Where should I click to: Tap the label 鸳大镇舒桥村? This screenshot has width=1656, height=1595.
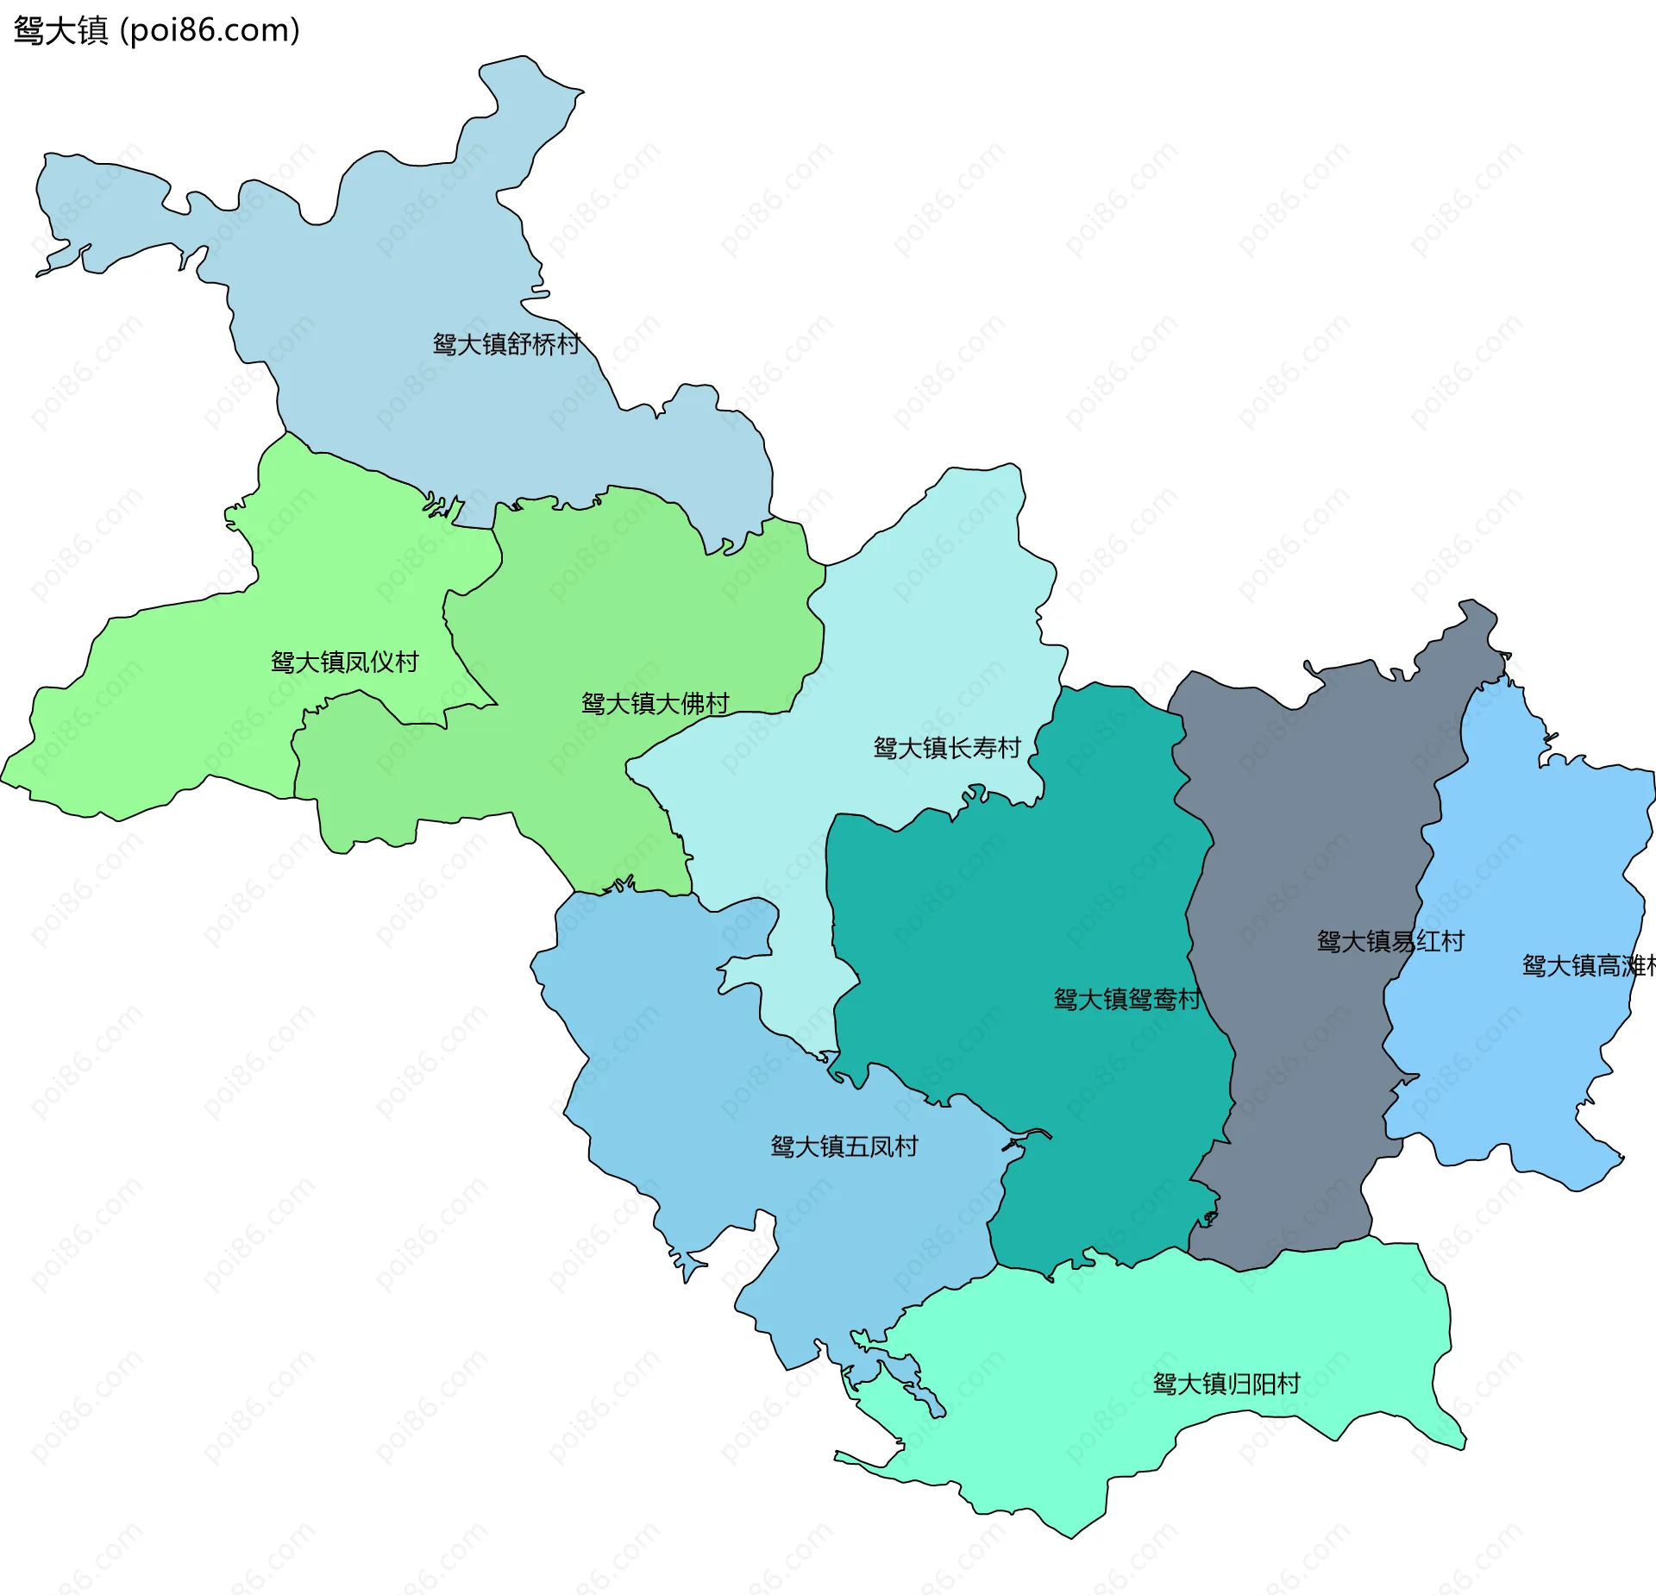click(x=506, y=344)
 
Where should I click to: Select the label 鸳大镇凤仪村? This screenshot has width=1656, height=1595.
click(x=344, y=662)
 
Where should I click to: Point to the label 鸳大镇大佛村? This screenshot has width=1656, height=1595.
click(x=655, y=703)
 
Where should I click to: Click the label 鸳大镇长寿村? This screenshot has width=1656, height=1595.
click(x=947, y=747)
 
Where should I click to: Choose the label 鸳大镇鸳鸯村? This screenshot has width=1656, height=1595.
click(x=1127, y=999)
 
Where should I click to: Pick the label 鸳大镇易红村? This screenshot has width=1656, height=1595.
click(x=1390, y=940)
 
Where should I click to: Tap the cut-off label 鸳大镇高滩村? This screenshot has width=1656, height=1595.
click(x=1587, y=965)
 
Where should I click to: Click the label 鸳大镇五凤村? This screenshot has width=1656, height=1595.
click(x=844, y=1146)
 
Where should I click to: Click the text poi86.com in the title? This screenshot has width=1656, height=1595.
click(x=210, y=30)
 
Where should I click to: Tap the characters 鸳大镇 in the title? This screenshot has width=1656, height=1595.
click(x=60, y=30)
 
